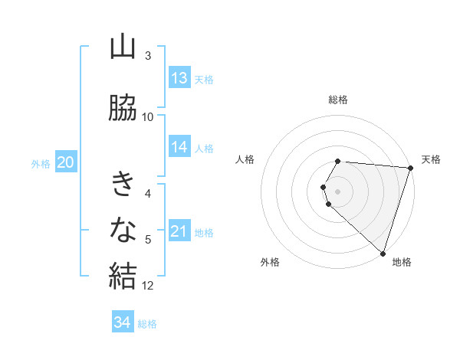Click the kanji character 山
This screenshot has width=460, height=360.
123,47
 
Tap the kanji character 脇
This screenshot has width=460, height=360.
123,108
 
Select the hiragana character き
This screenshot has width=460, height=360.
123,184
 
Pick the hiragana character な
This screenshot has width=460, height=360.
123,228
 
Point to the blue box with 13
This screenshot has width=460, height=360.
179,78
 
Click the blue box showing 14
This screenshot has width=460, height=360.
179,147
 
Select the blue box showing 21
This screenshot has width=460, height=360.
179,231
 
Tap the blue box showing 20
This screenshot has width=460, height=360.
66,162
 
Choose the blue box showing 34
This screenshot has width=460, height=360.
123,322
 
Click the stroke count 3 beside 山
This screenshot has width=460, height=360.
148,56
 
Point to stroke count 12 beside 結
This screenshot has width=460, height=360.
148,286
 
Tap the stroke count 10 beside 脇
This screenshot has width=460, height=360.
148,117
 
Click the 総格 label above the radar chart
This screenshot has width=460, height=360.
338,100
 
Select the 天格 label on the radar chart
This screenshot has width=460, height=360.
431,159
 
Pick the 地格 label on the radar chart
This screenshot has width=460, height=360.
402,262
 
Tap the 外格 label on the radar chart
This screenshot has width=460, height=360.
270,262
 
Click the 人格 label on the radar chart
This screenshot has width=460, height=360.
245,159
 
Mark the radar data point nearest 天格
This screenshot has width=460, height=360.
410,168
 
